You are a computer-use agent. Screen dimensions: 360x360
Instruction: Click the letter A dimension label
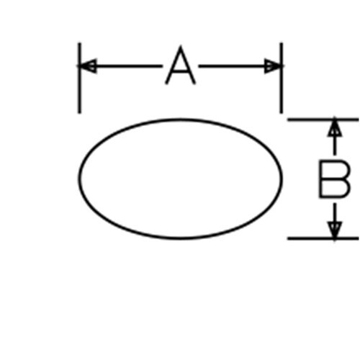click(x=181, y=65)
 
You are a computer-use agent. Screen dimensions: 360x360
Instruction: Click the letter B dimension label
click(x=334, y=179)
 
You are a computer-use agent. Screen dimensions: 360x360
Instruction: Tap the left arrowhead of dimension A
click(x=88, y=66)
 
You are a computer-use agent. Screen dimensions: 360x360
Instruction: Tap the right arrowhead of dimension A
click(x=273, y=66)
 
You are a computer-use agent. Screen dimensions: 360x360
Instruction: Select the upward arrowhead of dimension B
click(x=335, y=128)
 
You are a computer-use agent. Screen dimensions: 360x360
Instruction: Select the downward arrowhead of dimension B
click(x=335, y=230)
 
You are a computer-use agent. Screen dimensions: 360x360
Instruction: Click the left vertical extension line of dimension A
click(x=79, y=78)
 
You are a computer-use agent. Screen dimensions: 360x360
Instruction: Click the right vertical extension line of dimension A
click(x=282, y=78)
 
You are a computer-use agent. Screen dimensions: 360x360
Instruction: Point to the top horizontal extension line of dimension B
click(x=323, y=120)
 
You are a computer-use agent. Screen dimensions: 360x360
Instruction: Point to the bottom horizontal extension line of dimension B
click(x=323, y=238)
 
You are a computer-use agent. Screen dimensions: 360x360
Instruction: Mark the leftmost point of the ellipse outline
click(x=79, y=179)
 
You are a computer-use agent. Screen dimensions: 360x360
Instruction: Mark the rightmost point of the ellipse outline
click(x=282, y=179)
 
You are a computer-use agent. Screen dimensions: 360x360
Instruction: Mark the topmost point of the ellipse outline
click(x=180, y=120)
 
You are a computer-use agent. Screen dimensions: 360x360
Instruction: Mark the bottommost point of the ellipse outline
click(x=180, y=238)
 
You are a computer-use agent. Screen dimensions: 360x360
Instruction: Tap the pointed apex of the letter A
click(x=181, y=46)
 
